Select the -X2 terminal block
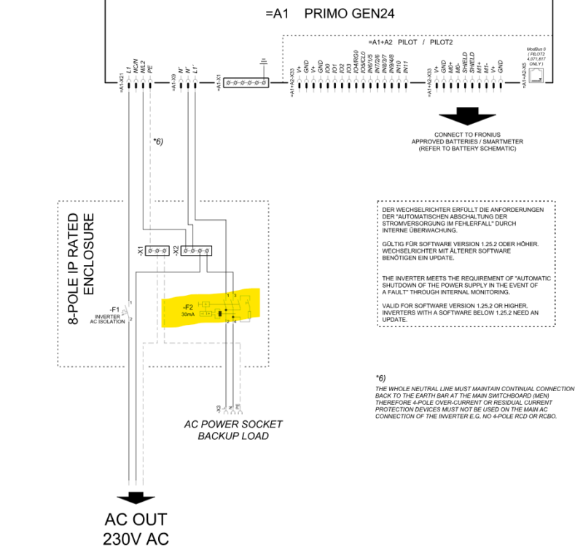[x=197, y=251]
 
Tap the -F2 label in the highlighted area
[x=187, y=307]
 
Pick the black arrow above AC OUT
[x=136, y=497]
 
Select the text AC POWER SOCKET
[x=232, y=424]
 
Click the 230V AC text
[x=136, y=539]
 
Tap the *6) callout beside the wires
[x=158, y=141]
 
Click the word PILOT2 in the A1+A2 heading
[x=442, y=43]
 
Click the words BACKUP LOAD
[x=232, y=436]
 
